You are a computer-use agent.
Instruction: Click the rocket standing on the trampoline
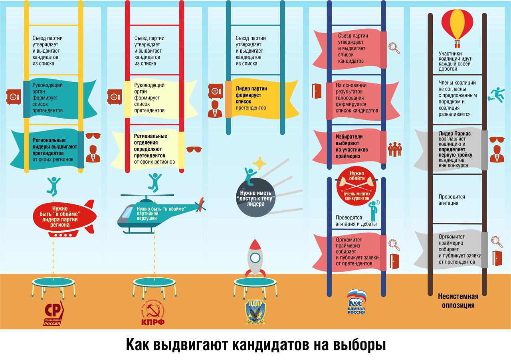(x=255, y=257)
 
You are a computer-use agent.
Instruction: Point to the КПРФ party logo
(x=152, y=314)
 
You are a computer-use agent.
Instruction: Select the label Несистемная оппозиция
(x=458, y=301)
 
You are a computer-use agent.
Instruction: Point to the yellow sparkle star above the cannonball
(x=259, y=163)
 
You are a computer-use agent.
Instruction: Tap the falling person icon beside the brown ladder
(x=495, y=94)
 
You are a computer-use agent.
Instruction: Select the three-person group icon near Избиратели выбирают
(x=395, y=149)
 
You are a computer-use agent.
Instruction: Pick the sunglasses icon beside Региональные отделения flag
(x=194, y=149)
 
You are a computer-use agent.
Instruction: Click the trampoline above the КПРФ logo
(x=154, y=285)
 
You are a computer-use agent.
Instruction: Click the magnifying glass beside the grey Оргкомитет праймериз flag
(x=497, y=242)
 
